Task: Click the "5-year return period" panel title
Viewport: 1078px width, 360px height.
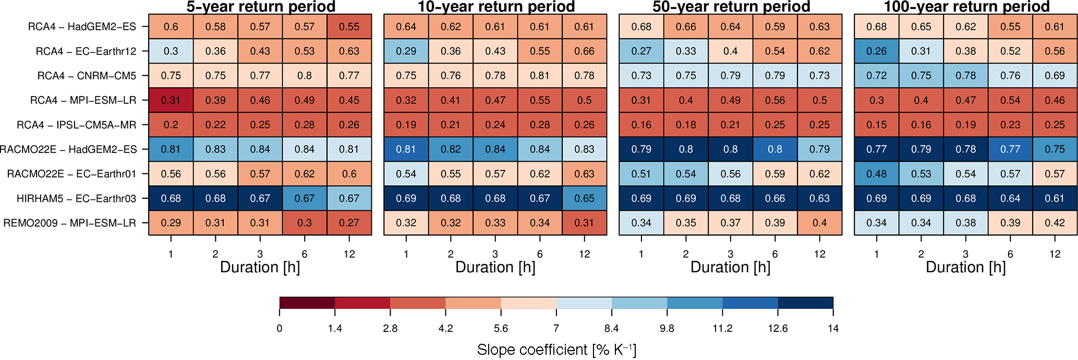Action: click(260, 7)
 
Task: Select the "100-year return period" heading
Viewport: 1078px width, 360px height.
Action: click(966, 7)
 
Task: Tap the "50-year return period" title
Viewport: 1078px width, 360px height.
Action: click(731, 7)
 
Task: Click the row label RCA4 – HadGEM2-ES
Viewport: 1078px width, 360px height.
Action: click(82, 27)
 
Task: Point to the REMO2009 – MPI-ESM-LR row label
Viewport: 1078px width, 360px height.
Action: click(69, 223)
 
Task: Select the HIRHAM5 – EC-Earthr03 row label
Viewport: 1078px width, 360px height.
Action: click(76, 199)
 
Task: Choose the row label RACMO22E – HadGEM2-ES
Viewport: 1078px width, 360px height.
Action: click(68, 150)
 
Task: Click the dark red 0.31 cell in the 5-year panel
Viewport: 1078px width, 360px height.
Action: click(171, 100)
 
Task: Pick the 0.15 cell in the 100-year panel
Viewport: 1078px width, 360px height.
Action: click(876, 125)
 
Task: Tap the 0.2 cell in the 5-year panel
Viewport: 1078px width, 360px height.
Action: click(171, 125)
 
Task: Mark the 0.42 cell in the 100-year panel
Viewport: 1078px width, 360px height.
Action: click(1055, 223)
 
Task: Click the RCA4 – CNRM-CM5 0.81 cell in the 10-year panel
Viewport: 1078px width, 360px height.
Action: click(540, 76)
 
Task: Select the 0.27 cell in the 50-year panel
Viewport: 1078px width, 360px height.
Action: click(641, 51)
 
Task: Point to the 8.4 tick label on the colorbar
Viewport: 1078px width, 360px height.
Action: click(611, 328)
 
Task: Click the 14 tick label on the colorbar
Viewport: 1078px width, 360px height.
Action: click(833, 328)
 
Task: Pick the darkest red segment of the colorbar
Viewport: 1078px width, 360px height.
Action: click(307, 303)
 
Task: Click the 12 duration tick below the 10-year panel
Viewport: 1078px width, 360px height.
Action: click(584, 254)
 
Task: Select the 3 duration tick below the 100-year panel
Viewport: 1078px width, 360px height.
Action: click(965, 254)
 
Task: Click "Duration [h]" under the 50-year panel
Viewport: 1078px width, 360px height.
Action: click(730, 267)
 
